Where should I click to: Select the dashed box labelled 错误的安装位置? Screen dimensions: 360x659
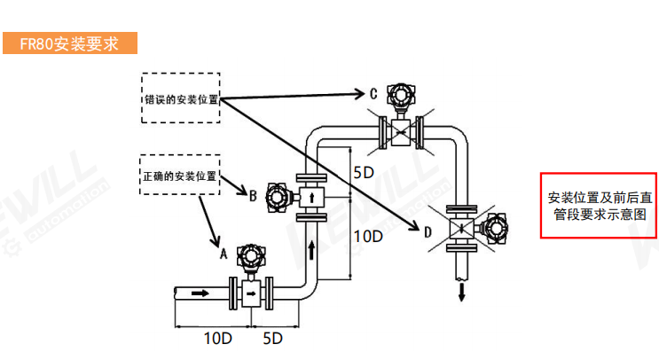pos(180,98)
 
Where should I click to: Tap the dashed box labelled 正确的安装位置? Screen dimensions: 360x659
pos(179,176)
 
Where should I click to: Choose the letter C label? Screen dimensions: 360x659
pos(373,92)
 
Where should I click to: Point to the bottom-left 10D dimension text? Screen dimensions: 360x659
pos(217,338)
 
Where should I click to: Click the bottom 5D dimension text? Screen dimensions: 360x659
pos(272,338)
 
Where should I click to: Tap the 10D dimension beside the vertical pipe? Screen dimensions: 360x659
pos(367,237)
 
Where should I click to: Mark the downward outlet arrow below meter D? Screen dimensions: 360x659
pos(461,292)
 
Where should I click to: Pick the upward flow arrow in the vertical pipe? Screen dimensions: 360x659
pos(311,247)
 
